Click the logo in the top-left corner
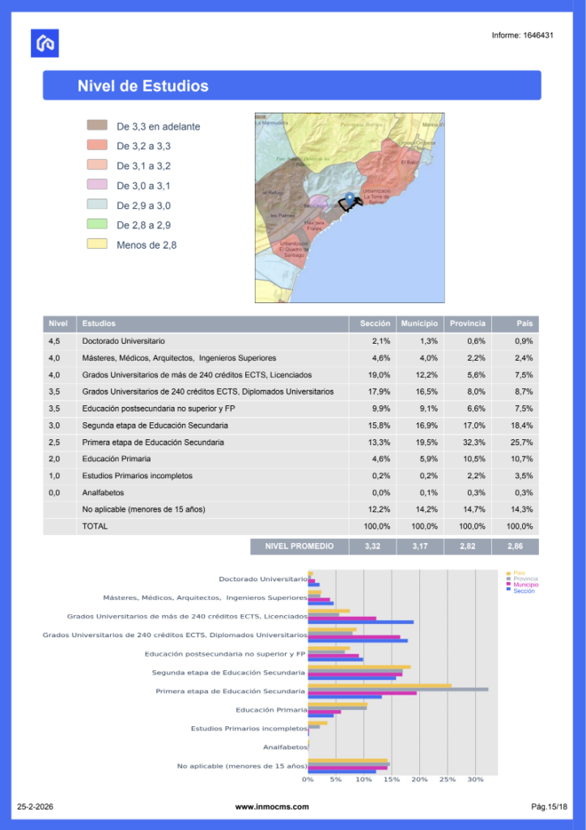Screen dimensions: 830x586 (45, 43)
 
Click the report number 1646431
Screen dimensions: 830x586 (522, 36)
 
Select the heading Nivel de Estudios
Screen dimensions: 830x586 (142, 86)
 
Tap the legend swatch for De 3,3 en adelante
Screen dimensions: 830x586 (97, 126)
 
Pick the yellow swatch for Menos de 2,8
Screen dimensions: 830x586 (97, 244)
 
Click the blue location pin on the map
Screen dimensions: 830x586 (350, 198)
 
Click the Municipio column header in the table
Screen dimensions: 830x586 (419, 323)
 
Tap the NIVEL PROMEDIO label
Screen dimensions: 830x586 (299, 547)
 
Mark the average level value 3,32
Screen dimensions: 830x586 (373, 547)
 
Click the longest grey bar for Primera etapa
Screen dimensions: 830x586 (397, 689)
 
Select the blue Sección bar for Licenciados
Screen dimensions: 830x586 (360, 622)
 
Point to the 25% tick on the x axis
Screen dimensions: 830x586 (448, 780)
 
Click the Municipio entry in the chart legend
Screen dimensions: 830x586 (525, 584)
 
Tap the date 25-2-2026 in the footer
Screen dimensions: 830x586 (37, 806)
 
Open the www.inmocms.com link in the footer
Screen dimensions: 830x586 (273, 806)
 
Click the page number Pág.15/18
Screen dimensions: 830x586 (549, 806)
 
